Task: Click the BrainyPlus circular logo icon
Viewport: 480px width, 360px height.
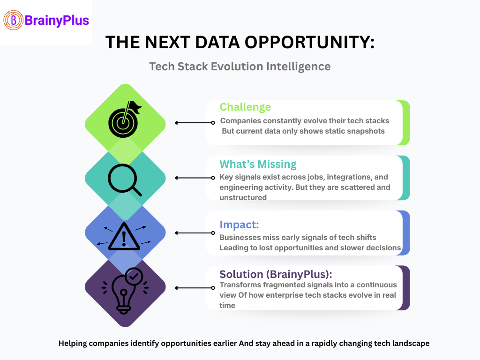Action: coord(13,20)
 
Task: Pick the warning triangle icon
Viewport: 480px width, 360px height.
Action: coord(124,236)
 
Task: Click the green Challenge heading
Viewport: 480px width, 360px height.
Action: coord(245,107)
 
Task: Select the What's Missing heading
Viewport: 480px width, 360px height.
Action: coord(258,164)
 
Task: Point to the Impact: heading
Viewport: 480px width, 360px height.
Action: coord(239,225)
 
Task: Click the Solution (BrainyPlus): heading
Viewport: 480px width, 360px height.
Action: coord(276,274)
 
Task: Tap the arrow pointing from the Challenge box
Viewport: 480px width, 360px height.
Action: coord(195,123)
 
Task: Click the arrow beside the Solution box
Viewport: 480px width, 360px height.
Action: coord(195,288)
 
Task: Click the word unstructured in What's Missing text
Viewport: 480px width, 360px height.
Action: coord(243,197)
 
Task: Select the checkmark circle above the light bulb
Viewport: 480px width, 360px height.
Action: coord(134,277)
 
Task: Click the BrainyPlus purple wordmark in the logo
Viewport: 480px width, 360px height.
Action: coord(57,21)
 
